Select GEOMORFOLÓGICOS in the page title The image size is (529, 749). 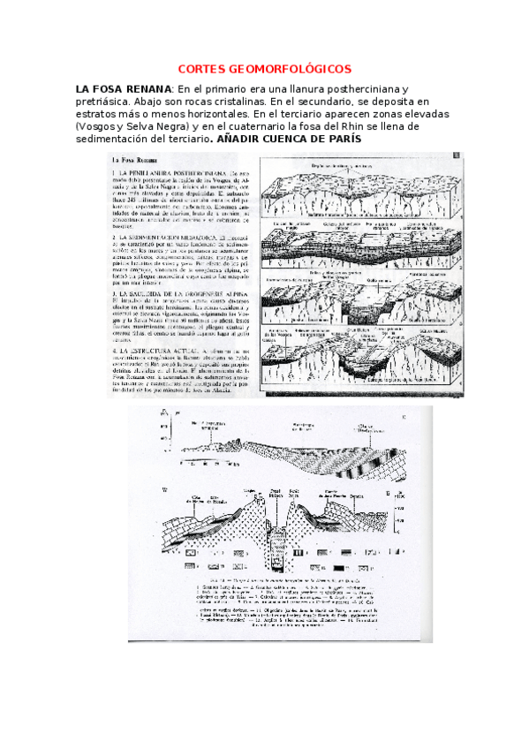click(291, 68)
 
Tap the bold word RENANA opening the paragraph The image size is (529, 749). click(146, 89)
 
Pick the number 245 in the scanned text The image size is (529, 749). click(127, 199)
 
